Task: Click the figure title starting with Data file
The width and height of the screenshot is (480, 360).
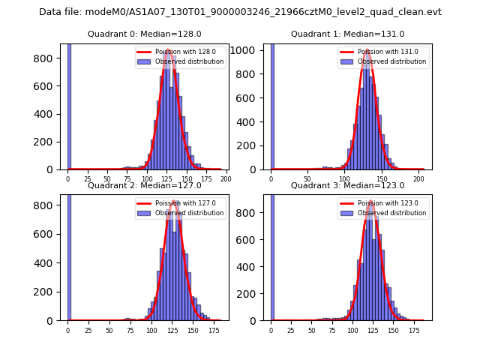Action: pyautogui.click(x=240, y=12)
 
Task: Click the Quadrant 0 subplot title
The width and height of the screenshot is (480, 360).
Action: pyautogui.click(x=144, y=34)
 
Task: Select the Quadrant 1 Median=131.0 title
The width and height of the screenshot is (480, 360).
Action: pyautogui.click(x=347, y=34)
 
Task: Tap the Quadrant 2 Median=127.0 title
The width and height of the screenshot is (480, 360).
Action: pyautogui.click(x=144, y=185)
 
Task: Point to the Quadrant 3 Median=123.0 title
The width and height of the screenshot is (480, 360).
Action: pyautogui.click(x=347, y=185)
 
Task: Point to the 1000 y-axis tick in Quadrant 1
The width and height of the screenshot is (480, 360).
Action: pyautogui.click(x=248, y=51)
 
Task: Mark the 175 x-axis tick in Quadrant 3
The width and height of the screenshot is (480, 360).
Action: pyautogui.click(x=414, y=330)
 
